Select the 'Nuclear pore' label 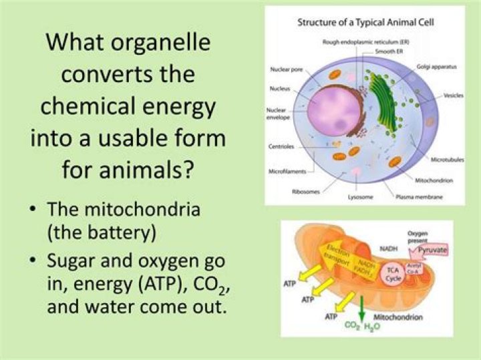pyautogui.click(x=286, y=69)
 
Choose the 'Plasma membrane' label pyautogui.click(x=424, y=198)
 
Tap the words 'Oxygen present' pyautogui.click(x=422, y=238)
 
